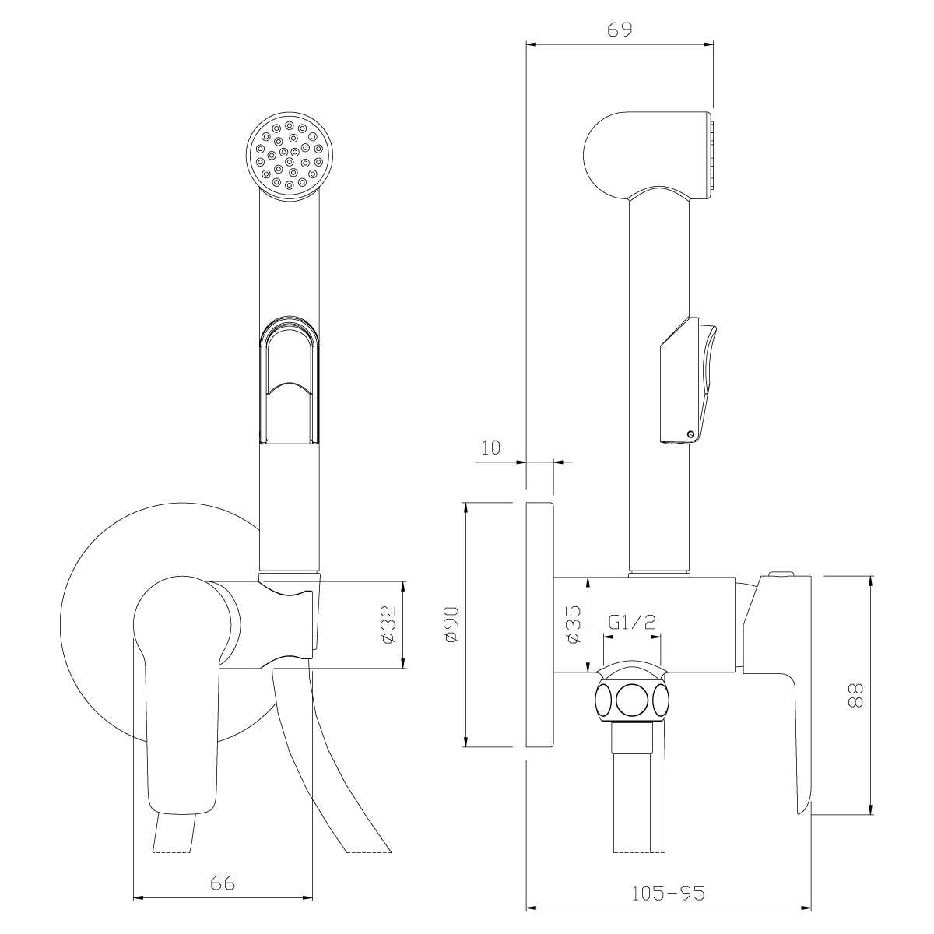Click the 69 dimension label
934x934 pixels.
point(620,30)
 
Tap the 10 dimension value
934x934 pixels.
point(490,448)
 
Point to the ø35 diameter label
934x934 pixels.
point(574,624)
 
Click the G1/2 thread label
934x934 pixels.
point(631,622)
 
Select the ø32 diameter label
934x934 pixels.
point(389,624)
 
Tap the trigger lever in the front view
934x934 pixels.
point(290,380)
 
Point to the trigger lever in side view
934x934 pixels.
point(687,381)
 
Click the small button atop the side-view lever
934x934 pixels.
point(781,574)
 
